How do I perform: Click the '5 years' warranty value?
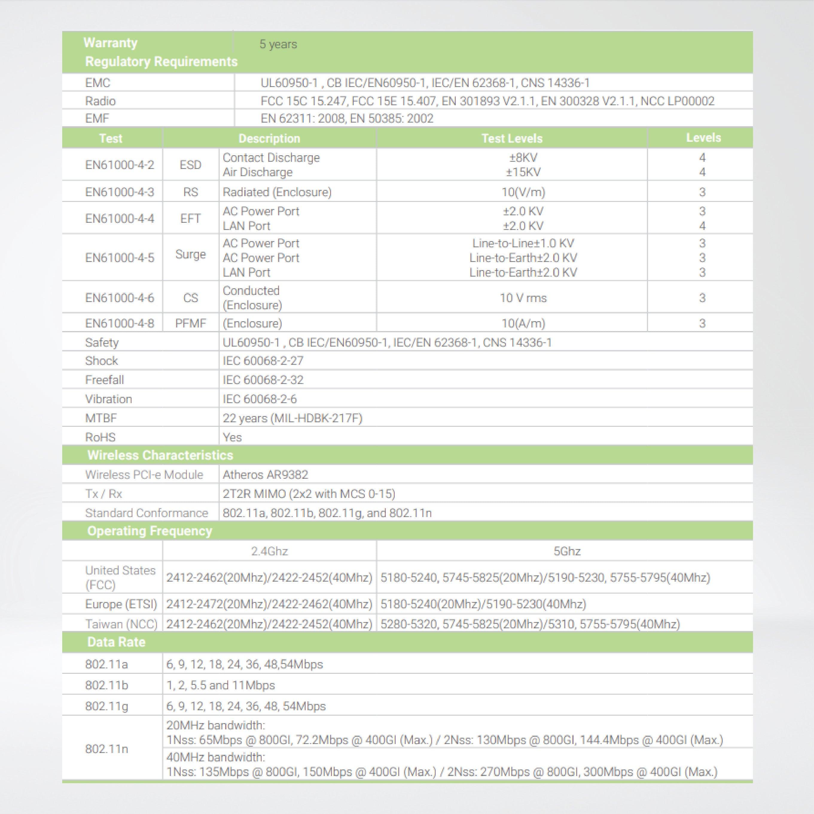(278, 44)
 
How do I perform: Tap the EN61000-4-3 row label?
(120, 192)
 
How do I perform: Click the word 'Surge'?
(190, 254)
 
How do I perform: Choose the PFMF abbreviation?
(190, 324)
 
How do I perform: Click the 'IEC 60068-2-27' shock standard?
(263, 361)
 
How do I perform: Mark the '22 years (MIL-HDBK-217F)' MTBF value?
(292, 418)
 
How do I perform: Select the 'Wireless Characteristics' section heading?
(160, 455)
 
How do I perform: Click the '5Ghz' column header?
(567, 551)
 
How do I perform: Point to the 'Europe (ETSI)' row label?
(121, 604)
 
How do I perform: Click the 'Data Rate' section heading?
(116, 642)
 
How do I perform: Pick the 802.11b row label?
(106, 685)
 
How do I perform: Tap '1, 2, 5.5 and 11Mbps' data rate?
(220, 685)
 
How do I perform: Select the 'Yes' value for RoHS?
(232, 437)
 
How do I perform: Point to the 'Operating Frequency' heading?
(150, 531)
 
